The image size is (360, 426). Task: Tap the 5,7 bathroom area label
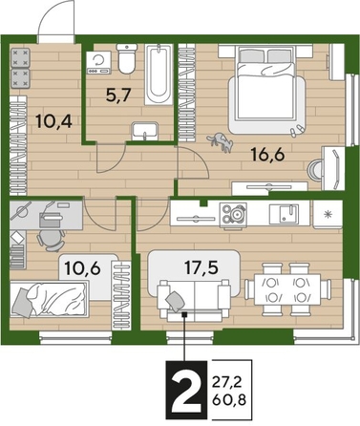[117, 96]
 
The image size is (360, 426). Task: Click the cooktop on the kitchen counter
[231, 213]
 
